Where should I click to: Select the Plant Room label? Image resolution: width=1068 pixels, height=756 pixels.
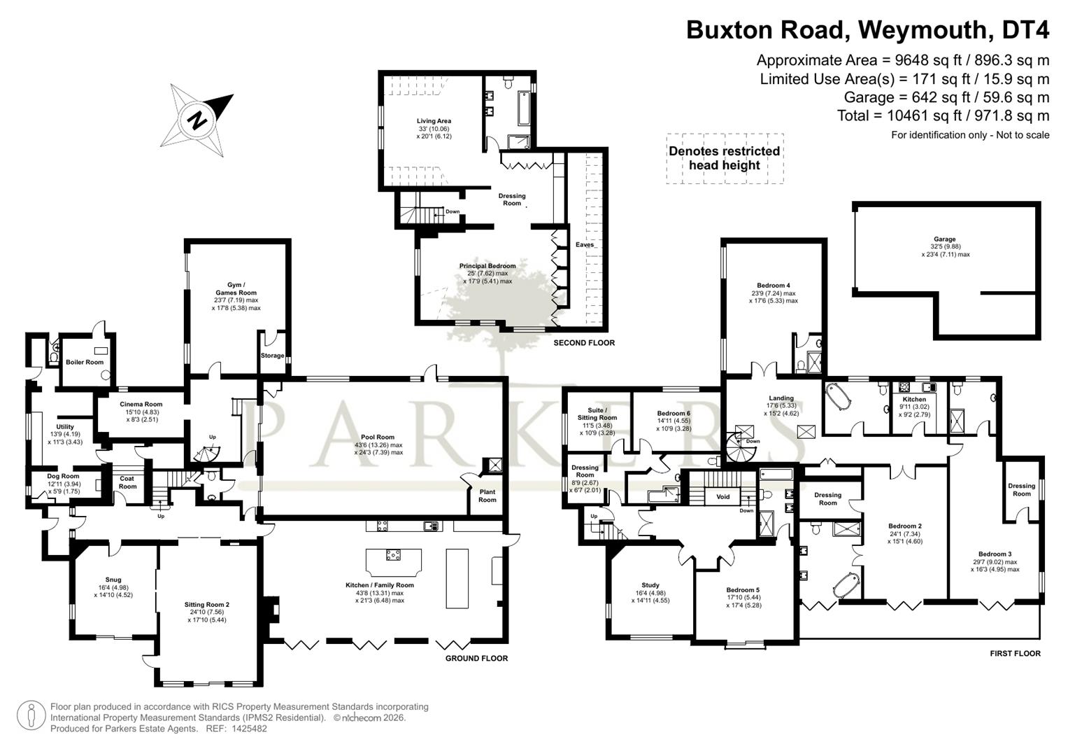point(487,496)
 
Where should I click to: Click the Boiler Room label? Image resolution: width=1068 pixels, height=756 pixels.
point(85,362)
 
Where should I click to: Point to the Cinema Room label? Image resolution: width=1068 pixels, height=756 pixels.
point(141,404)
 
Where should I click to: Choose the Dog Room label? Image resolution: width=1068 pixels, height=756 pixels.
point(64,476)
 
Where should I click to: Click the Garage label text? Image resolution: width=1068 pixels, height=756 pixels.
point(945,239)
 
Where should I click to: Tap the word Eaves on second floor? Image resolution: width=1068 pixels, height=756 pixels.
point(584,244)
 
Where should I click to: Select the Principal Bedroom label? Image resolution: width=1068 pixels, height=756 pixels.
point(487,266)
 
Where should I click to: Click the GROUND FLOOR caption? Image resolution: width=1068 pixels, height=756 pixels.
point(476,658)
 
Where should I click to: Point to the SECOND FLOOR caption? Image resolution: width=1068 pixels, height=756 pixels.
point(584,343)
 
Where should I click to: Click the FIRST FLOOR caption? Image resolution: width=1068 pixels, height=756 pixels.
point(1015,653)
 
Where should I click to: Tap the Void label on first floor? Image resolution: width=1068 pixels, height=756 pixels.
point(723,497)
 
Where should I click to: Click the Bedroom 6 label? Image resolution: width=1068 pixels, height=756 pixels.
point(674,413)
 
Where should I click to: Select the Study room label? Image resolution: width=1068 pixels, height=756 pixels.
point(650,585)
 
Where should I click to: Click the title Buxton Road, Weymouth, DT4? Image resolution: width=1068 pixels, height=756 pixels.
point(867,30)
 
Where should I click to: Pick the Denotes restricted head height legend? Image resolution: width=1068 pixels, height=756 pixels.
point(724,158)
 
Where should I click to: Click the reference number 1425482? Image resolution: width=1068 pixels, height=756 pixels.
point(245,729)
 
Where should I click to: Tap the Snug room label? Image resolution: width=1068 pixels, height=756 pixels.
point(113,580)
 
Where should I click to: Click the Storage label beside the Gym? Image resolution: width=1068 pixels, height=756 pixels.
point(272,356)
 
